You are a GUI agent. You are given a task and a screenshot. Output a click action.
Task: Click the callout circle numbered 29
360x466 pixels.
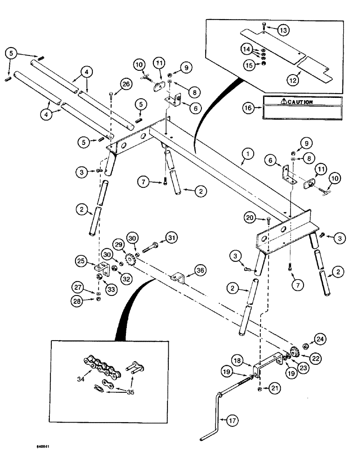coord(118,245)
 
